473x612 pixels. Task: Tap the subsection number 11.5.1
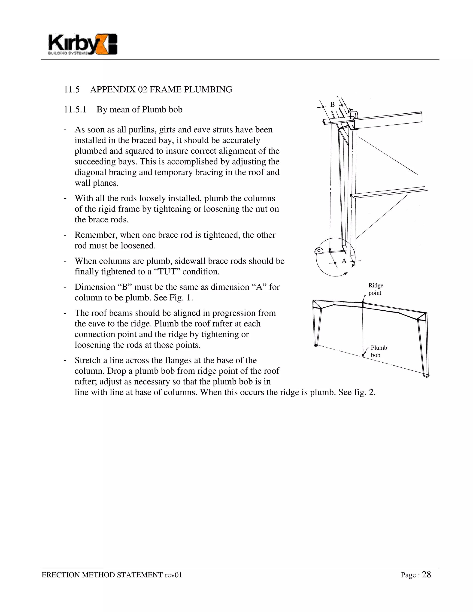point(75,109)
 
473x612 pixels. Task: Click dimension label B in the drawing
point(332,105)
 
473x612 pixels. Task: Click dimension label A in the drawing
point(344,261)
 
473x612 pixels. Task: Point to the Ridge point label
point(376,289)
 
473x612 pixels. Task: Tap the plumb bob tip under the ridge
point(363,356)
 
